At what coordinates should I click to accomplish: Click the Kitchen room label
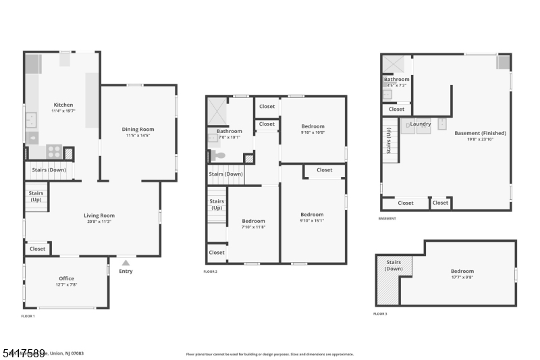(x=63, y=105)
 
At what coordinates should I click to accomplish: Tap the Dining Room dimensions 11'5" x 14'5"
(x=138, y=136)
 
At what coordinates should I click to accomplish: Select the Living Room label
(x=99, y=215)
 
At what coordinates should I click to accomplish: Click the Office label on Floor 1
(x=66, y=278)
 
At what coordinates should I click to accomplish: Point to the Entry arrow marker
(x=126, y=261)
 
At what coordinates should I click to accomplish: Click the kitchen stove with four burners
(x=54, y=151)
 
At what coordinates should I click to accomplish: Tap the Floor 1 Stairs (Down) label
(x=49, y=170)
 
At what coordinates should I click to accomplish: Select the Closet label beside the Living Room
(x=38, y=249)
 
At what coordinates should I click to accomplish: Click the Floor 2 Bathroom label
(x=229, y=131)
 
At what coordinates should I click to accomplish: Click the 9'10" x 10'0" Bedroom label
(x=313, y=126)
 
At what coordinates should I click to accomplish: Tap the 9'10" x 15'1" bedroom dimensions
(x=312, y=220)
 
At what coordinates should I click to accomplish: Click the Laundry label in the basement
(x=421, y=124)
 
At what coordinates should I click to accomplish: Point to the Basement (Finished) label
(x=480, y=133)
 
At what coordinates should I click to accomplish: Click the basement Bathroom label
(x=397, y=80)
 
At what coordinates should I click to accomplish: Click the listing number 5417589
(x=23, y=353)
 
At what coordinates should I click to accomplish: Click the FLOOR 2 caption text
(x=211, y=272)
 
